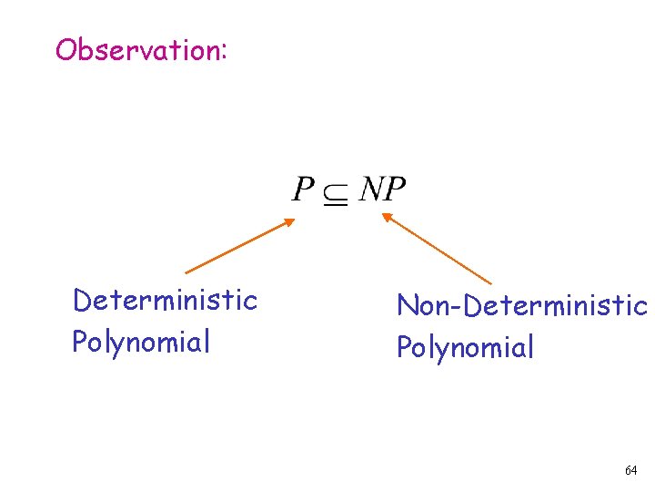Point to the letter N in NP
[x=371, y=190]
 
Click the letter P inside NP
[x=395, y=190]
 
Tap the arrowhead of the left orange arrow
[x=292, y=220]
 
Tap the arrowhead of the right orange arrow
[x=384, y=215]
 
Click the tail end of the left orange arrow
[x=186, y=272]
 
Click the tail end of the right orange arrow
[x=490, y=284]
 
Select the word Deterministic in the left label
[x=165, y=300]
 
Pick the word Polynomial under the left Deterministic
[x=141, y=342]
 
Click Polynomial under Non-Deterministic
[x=465, y=347]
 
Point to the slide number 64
[x=630, y=470]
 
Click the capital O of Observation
[x=65, y=49]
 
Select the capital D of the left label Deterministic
[x=82, y=300]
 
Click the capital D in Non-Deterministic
[x=472, y=305]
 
